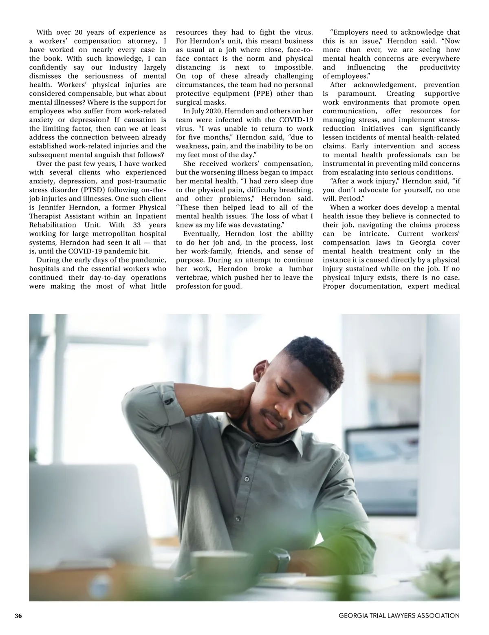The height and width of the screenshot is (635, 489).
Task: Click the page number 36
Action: [x=18, y=615]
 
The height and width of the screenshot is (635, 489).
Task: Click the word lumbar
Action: [x=301, y=269]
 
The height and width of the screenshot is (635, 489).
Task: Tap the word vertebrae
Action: [x=191, y=278]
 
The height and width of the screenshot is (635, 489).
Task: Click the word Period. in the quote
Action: [x=350, y=199]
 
